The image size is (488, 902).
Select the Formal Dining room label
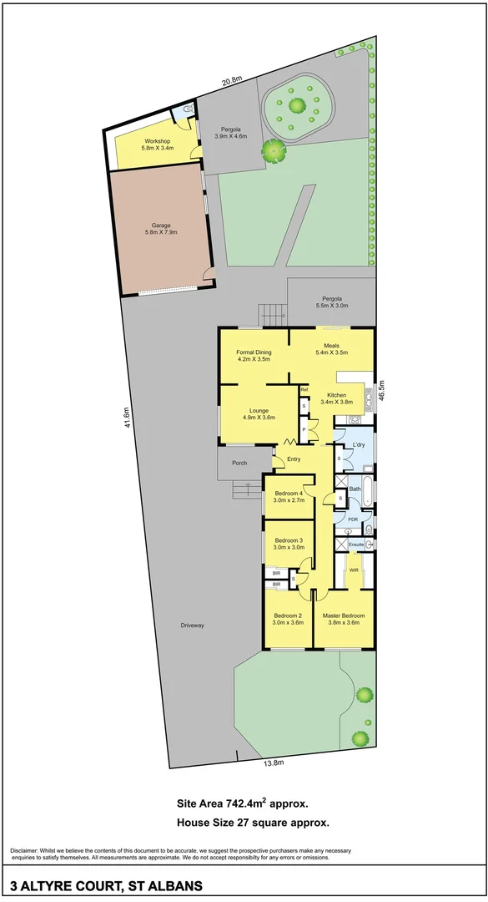tap(254, 355)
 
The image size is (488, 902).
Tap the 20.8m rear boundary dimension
tap(232, 80)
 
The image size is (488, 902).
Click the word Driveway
tap(192, 626)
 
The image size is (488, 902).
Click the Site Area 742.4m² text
tap(243, 804)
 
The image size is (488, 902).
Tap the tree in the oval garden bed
tap(296, 105)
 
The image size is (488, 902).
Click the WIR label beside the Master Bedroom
tap(354, 570)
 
